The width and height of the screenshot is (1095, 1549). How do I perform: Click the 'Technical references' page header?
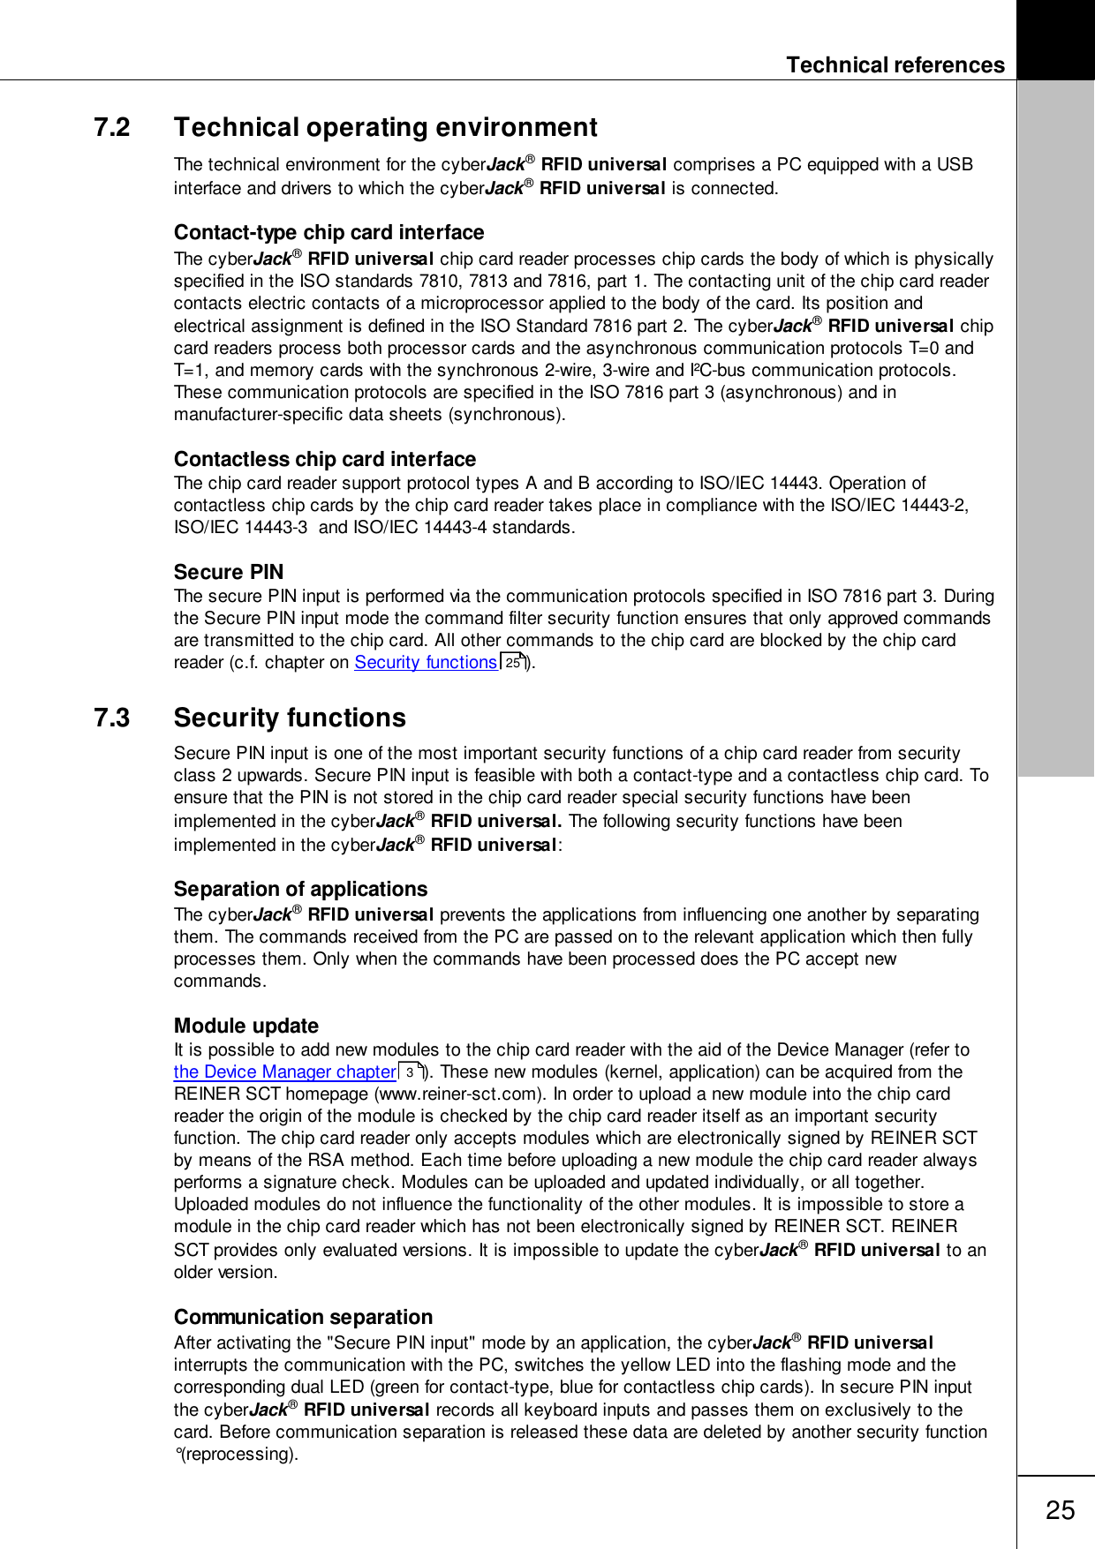coord(895,65)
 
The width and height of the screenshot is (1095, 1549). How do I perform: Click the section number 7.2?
coord(112,128)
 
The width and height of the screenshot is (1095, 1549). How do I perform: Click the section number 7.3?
coord(112,718)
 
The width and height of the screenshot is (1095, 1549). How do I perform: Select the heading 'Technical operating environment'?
coord(385,128)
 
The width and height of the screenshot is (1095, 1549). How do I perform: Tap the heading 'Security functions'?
coord(290,718)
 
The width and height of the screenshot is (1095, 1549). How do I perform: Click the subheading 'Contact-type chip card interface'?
coord(328,233)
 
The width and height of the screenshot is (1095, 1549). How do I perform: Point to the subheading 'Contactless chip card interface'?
coord(324,460)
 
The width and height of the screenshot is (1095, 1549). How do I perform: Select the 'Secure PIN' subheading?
coord(229,573)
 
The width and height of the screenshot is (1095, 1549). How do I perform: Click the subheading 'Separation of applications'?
coord(300,890)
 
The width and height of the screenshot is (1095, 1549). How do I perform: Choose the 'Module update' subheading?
coord(245,1026)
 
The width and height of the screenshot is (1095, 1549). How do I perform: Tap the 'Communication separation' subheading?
coord(303,1318)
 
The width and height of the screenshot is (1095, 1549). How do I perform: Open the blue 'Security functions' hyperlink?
coord(426,663)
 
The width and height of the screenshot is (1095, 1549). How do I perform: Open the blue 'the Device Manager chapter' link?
coord(284,1072)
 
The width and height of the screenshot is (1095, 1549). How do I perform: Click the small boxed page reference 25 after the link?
coord(513,662)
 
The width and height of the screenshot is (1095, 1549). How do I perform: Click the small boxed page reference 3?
coord(410,1072)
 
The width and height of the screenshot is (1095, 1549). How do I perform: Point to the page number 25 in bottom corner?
coord(1060,1511)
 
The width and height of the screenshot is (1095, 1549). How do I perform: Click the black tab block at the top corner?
coord(1055,40)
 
